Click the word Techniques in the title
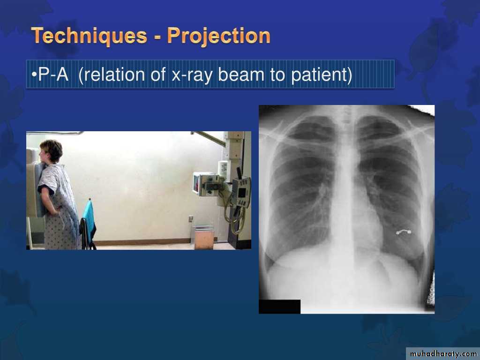(x=89, y=36)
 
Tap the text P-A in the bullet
(x=53, y=75)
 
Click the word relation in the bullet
(x=115, y=75)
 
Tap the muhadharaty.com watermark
(x=443, y=354)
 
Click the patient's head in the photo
(x=51, y=151)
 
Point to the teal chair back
(x=89, y=221)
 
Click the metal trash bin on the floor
(x=204, y=237)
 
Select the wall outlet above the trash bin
(x=191, y=218)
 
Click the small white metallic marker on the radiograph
(x=404, y=232)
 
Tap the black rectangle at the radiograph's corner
(x=279, y=307)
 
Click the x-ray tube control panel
(x=241, y=193)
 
